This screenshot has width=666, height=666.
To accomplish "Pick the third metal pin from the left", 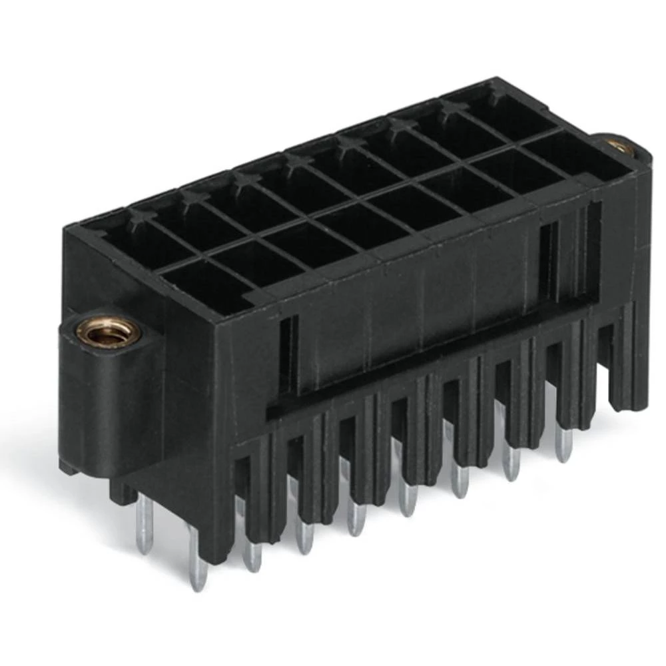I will click(251, 549).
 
